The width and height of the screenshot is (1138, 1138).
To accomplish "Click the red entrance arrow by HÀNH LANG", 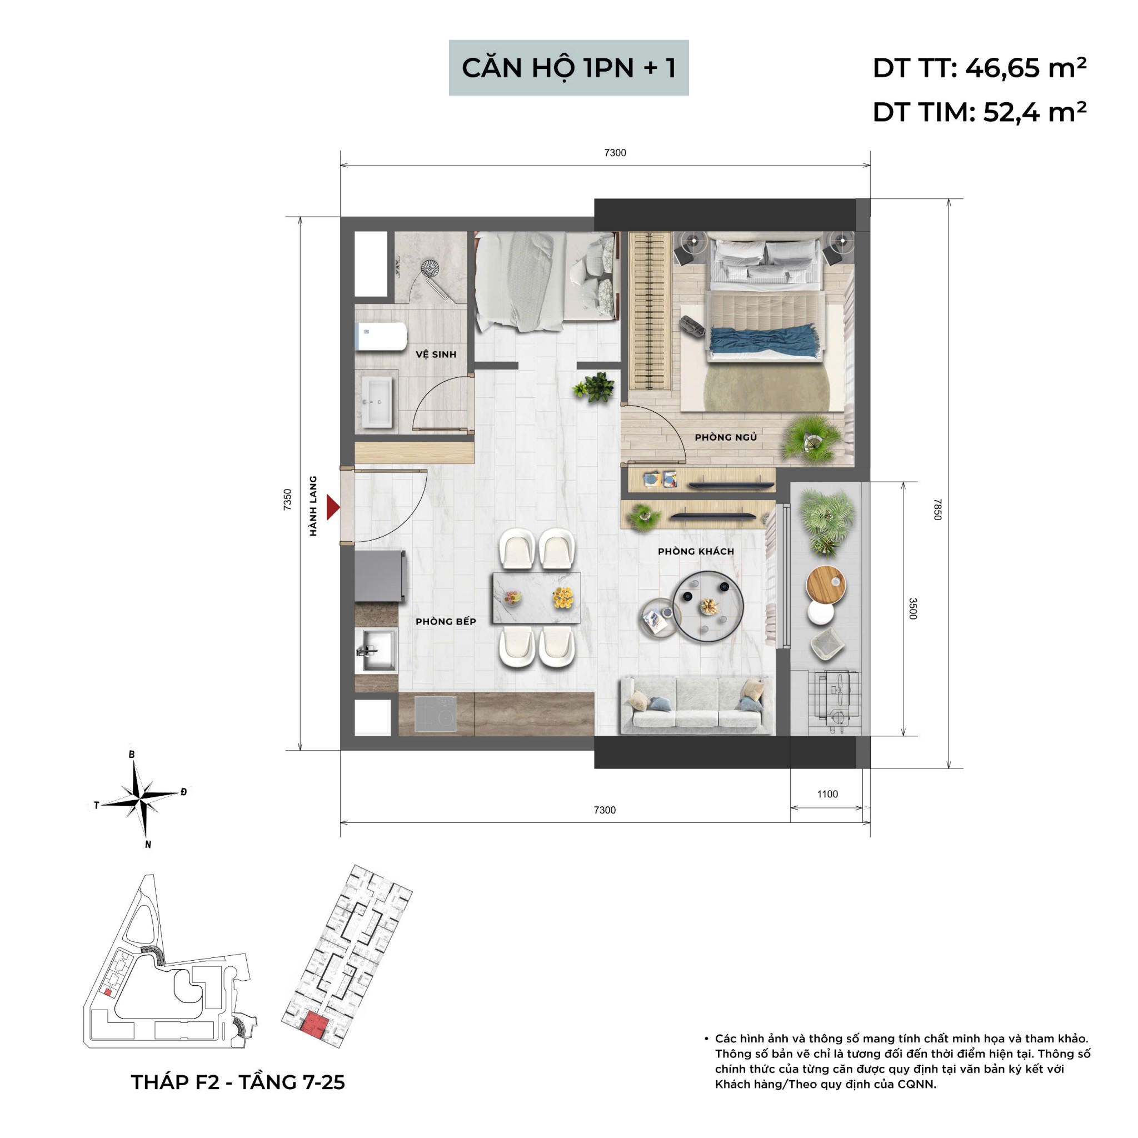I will (333, 507).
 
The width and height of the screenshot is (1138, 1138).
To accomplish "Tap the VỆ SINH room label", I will (435, 354).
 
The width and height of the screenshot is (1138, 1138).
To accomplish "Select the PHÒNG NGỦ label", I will (725, 437).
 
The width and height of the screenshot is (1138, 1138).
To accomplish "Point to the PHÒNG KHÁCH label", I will (696, 551).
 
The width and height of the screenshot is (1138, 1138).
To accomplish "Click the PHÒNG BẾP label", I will (445, 621).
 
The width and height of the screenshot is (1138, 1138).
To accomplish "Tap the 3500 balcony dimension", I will (912, 608).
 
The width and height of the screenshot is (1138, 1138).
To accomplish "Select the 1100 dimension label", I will (827, 794).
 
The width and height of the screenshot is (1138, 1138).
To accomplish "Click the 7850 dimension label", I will (937, 509).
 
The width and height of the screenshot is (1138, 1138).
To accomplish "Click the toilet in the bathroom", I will (381, 337).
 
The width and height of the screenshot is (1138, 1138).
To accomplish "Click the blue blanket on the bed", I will (765, 341).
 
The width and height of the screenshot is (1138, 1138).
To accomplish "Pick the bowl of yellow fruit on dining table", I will (562, 598).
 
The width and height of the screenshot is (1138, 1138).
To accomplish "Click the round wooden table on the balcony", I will (826, 582).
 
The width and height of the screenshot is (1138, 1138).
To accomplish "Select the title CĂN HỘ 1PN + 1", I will (568, 68).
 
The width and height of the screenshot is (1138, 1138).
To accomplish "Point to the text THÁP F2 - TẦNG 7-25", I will (237, 1082).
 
